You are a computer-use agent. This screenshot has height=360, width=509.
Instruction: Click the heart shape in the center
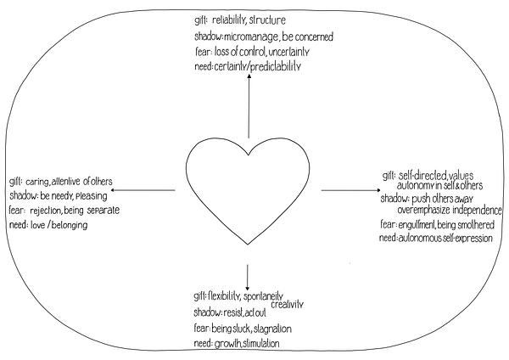click(x=187, y=169)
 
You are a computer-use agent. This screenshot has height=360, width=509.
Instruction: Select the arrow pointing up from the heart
click(x=249, y=106)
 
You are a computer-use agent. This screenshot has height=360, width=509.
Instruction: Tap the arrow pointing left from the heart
click(x=143, y=190)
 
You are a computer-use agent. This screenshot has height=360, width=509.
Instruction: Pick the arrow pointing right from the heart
click(x=351, y=190)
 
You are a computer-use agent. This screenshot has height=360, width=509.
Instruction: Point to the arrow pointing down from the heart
click(x=248, y=278)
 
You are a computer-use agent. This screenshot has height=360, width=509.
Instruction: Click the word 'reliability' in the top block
click(x=228, y=20)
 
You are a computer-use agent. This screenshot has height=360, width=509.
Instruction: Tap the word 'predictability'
click(x=276, y=67)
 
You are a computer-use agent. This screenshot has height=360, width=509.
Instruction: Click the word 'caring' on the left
click(x=37, y=183)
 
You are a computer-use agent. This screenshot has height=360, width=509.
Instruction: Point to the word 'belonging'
click(x=70, y=226)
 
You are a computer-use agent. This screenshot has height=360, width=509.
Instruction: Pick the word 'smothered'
click(x=477, y=225)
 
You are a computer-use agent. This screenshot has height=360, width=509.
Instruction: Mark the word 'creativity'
click(x=288, y=305)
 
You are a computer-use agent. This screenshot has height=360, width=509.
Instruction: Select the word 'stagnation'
click(x=272, y=329)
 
